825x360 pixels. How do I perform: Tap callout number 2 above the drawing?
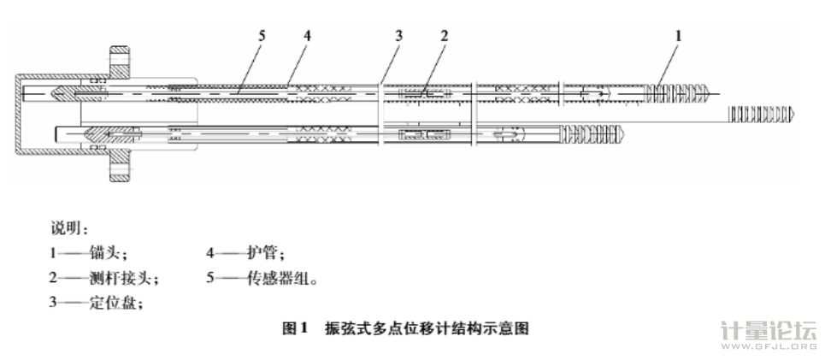444,35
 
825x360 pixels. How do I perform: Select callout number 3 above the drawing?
398,35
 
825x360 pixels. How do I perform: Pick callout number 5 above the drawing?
262,35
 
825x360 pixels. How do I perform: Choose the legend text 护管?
269,254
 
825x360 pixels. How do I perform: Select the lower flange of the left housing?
118,169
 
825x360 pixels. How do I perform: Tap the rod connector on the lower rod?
425,135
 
